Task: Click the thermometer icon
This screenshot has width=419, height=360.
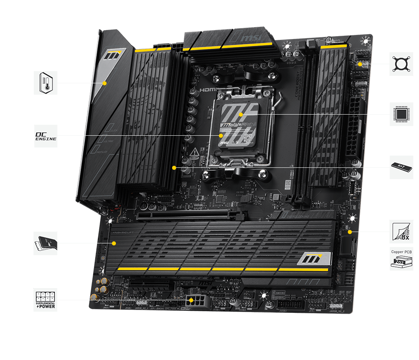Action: coord(45,83)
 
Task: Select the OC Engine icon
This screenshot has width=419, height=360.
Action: coord(45,136)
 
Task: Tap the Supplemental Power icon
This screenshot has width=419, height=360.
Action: coord(45,300)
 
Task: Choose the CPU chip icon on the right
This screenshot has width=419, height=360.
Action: coord(401,114)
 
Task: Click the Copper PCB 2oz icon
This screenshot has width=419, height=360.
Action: coord(401,259)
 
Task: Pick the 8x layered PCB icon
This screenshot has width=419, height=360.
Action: coord(401,232)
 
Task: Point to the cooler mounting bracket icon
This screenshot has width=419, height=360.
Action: coord(401,64)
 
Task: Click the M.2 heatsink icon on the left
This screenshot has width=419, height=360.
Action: coord(45,243)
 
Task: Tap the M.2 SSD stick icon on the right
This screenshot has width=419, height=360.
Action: coord(401,167)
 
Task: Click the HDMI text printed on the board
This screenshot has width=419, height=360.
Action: coord(207,90)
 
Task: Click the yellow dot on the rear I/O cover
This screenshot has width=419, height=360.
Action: coord(105,83)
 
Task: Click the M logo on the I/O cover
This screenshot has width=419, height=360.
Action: coord(114,55)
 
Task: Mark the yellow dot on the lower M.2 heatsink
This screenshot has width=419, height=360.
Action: coord(114,243)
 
